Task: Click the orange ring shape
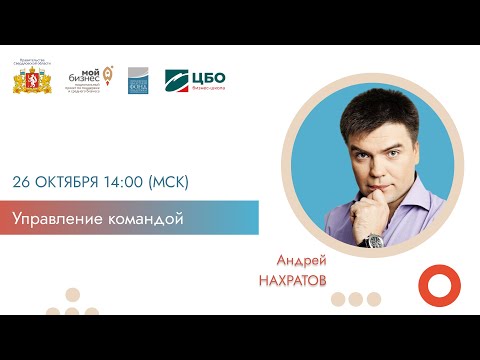pyautogui.click(x=437, y=286)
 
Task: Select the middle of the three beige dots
pyautogui.click(x=356, y=298)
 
